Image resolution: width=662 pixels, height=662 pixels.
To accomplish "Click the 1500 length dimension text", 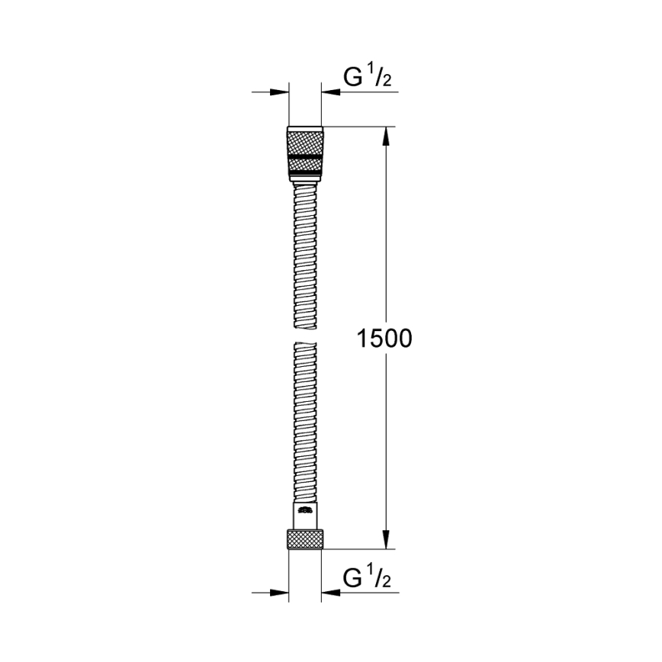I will click(384, 339).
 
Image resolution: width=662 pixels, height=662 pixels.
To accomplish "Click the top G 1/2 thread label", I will click(368, 77).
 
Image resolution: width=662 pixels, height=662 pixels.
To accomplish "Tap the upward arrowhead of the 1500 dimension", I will click(386, 136).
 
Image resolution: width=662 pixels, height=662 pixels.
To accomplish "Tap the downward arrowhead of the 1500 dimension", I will click(386, 538).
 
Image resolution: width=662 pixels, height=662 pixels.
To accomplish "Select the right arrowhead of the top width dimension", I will click(330, 92).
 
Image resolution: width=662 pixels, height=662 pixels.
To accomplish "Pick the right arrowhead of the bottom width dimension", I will click(330, 593).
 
